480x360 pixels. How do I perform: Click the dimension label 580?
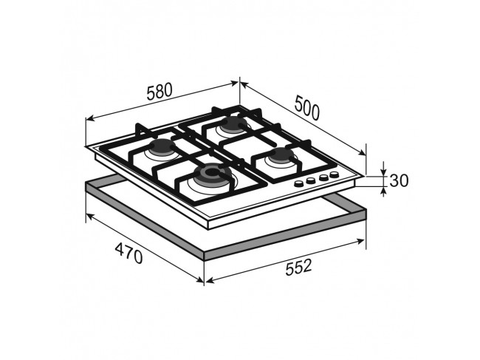click(x=160, y=92)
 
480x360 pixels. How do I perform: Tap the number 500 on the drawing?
click(x=306, y=107)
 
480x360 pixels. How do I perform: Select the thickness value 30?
click(x=399, y=181)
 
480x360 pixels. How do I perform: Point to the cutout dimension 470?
click(x=129, y=253)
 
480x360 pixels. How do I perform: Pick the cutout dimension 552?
click(x=298, y=267)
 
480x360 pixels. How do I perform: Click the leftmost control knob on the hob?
click(x=298, y=183)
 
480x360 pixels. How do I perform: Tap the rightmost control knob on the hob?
click(x=334, y=175)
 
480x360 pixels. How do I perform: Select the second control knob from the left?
click(x=311, y=180)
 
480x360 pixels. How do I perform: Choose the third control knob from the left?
click(x=323, y=177)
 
